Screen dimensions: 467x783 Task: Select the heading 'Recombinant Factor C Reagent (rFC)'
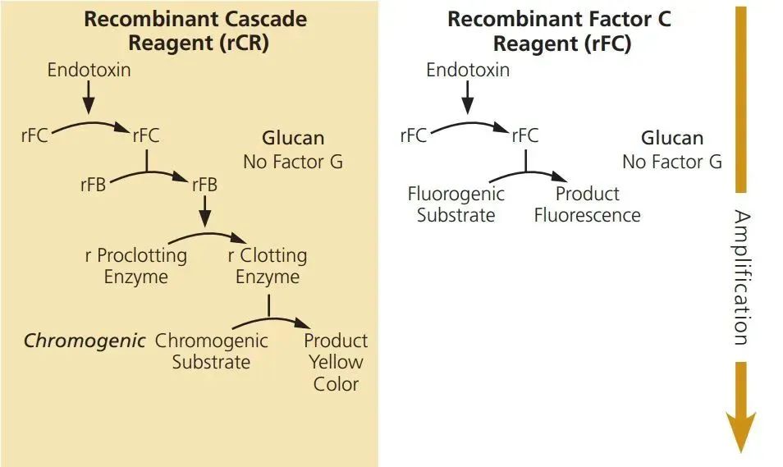[x=559, y=30]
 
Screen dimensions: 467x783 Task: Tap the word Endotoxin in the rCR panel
[x=89, y=70]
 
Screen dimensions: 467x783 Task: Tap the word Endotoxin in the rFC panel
[x=468, y=70]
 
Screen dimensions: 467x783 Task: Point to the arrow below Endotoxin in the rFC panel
[x=468, y=99]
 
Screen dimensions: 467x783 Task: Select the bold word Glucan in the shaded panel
[x=293, y=138]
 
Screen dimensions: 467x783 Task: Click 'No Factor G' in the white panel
[x=671, y=162]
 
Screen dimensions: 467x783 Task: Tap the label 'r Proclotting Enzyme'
[x=136, y=266]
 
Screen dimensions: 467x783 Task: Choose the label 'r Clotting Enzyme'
[x=268, y=266]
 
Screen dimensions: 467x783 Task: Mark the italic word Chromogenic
[x=85, y=340]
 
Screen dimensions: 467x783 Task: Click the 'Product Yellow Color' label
[x=336, y=362]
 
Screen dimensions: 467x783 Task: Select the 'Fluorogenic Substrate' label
[x=456, y=205]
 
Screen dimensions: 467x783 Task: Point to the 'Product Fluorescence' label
[x=587, y=205]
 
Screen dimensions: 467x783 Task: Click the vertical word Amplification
[x=740, y=277]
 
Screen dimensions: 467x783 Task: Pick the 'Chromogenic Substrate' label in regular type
[x=211, y=351]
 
